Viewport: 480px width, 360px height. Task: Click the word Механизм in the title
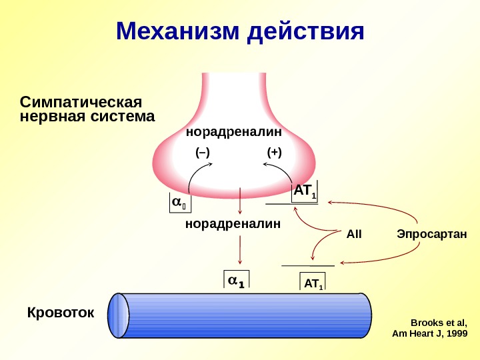178,31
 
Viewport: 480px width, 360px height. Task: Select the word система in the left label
122,117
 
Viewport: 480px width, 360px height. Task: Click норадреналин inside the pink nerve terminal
233,132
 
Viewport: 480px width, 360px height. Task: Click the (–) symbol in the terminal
202,153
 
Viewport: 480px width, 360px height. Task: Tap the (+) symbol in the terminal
274,153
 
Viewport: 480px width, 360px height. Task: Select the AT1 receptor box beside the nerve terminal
305,192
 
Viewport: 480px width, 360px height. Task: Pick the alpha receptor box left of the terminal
178,202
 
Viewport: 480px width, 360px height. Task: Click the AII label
354,234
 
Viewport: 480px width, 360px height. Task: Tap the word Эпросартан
431,234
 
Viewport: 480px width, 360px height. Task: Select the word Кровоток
60,313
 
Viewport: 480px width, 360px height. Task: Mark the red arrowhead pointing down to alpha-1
240,262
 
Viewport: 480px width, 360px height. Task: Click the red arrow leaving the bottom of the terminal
240,200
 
